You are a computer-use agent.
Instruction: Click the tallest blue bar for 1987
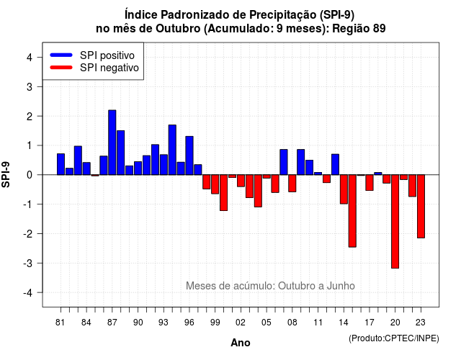pyautogui.click(x=112, y=143)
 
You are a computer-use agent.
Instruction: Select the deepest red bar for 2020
pyautogui.click(x=395, y=221)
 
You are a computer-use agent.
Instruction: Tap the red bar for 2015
pyautogui.click(x=352, y=211)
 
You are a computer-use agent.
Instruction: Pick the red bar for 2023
pyautogui.click(x=421, y=207)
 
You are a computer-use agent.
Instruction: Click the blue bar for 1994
pyautogui.click(x=172, y=150)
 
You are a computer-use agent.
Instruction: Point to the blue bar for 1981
pyautogui.click(x=61, y=164)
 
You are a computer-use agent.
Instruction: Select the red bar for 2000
pyautogui.click(x=224, y=193)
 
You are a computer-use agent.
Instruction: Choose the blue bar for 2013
pyautogui.click(x=335, y=164)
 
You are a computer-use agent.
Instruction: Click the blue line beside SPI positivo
pyautogui.click(x=61, y=55)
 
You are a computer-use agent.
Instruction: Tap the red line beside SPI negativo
pyautogui.click(x=61, y=68)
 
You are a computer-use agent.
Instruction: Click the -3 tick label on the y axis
pyautogui.click(x=28, y=263)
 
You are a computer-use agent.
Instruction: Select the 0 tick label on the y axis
pyautogui.click(x=30, y=175)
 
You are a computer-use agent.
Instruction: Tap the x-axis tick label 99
pyautogui.click(x=215, y=323)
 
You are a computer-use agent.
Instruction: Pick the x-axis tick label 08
pyautogui.click(x=292, y=323)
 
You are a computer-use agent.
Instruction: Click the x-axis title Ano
pyautogui.click(x=241, y=343)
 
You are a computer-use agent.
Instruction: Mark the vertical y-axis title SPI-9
pyautogui.click(x=6, y=175)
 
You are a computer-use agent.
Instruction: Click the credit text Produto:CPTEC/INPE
pyautogui.click(x=394, y=338)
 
